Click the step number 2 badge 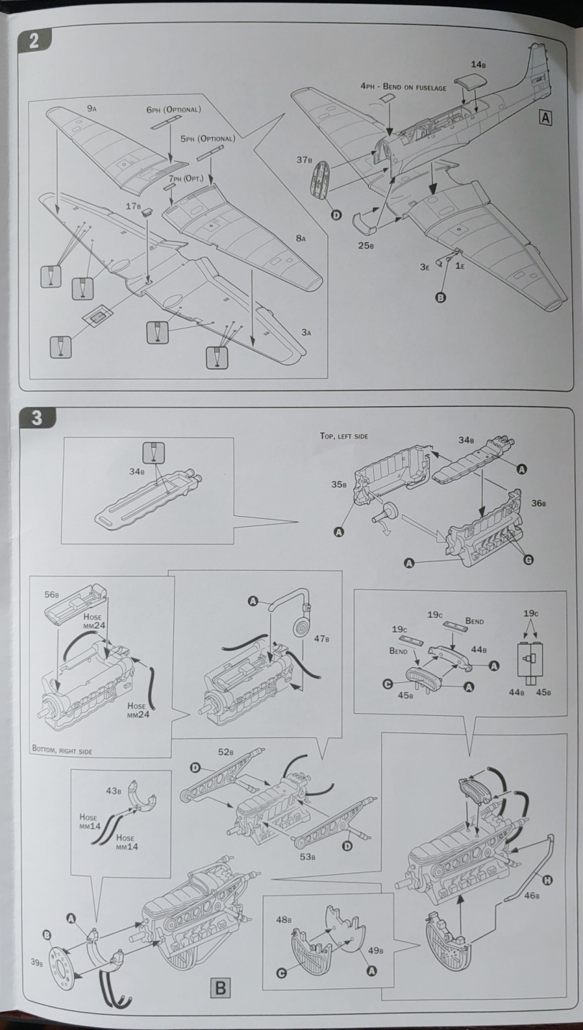click(33, 40)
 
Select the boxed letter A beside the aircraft click(546, 119)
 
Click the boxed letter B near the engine click(220, 989)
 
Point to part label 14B click(479, 65)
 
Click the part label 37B click(303, 160)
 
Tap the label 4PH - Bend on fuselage click(403, 87)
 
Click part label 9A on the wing click(92, 108)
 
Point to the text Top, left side click(344, 436)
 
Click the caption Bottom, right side click(63, 750)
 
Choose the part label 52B click(224, 752)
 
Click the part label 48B click(285, 919)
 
